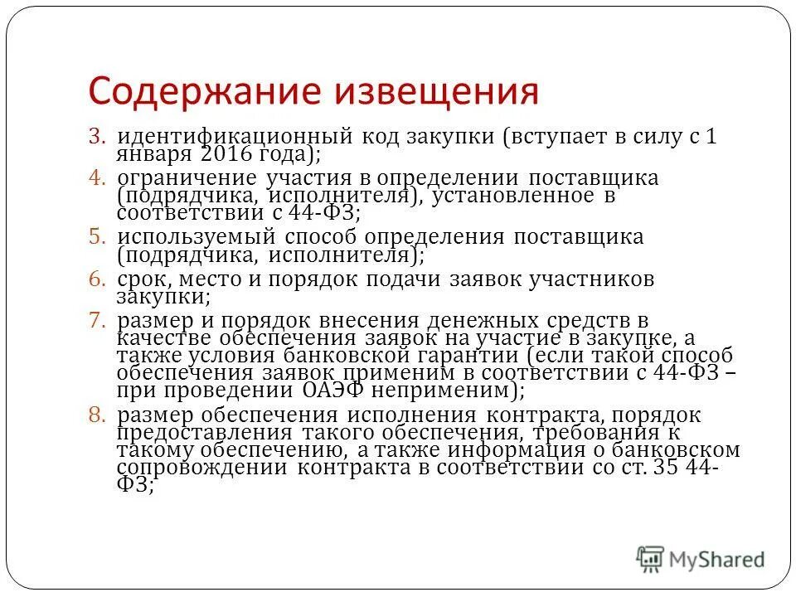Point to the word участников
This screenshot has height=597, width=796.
point(580,279)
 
